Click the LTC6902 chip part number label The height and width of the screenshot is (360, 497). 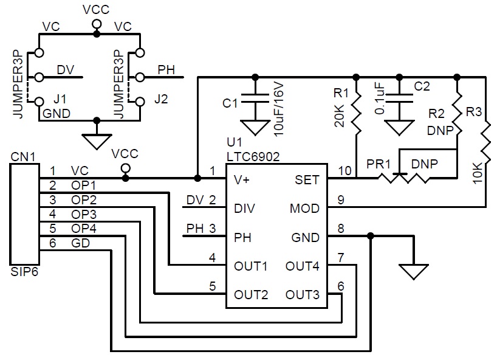tap(253, 157)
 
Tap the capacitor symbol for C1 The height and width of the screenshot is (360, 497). tap(255, 99)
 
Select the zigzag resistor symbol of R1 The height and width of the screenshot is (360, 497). tap(357, 112)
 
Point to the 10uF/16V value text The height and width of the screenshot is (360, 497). tap(278, 109)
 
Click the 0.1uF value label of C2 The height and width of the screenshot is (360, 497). tap(380, 99)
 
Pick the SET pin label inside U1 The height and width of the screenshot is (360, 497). tap(307, 180)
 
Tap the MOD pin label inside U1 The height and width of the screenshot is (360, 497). tap(304, 209)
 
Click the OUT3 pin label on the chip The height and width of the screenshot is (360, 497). tap(302, 295)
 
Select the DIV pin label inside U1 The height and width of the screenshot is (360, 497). tap(244, 209)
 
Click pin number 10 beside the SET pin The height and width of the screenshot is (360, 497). tap(345, 171)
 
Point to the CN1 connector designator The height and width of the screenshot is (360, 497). tap(23, 157)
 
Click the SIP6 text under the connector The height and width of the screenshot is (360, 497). tap(24, 272)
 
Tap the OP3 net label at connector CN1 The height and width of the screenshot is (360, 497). tap(84, 215)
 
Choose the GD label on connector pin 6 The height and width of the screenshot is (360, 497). tap(81, 243)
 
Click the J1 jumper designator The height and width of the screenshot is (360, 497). tap(60, 99)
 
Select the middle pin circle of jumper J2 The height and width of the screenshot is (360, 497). tap(140, 77)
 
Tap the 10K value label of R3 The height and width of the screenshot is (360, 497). tap(478, 173)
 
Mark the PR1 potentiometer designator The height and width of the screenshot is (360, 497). tap(378, 164)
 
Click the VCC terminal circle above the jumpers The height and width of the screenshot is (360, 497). tap(97, 24)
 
